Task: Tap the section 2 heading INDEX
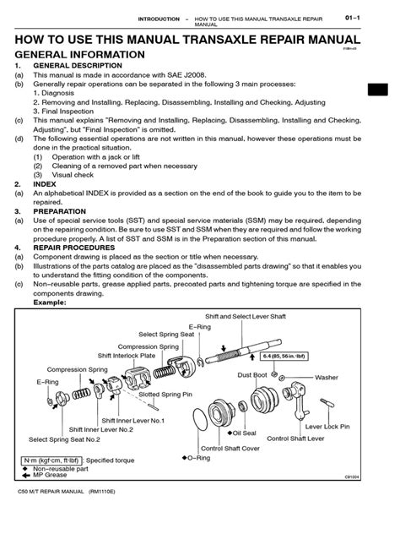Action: click(x=45, y=183)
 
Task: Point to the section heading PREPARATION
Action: click(x=62, y=210)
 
